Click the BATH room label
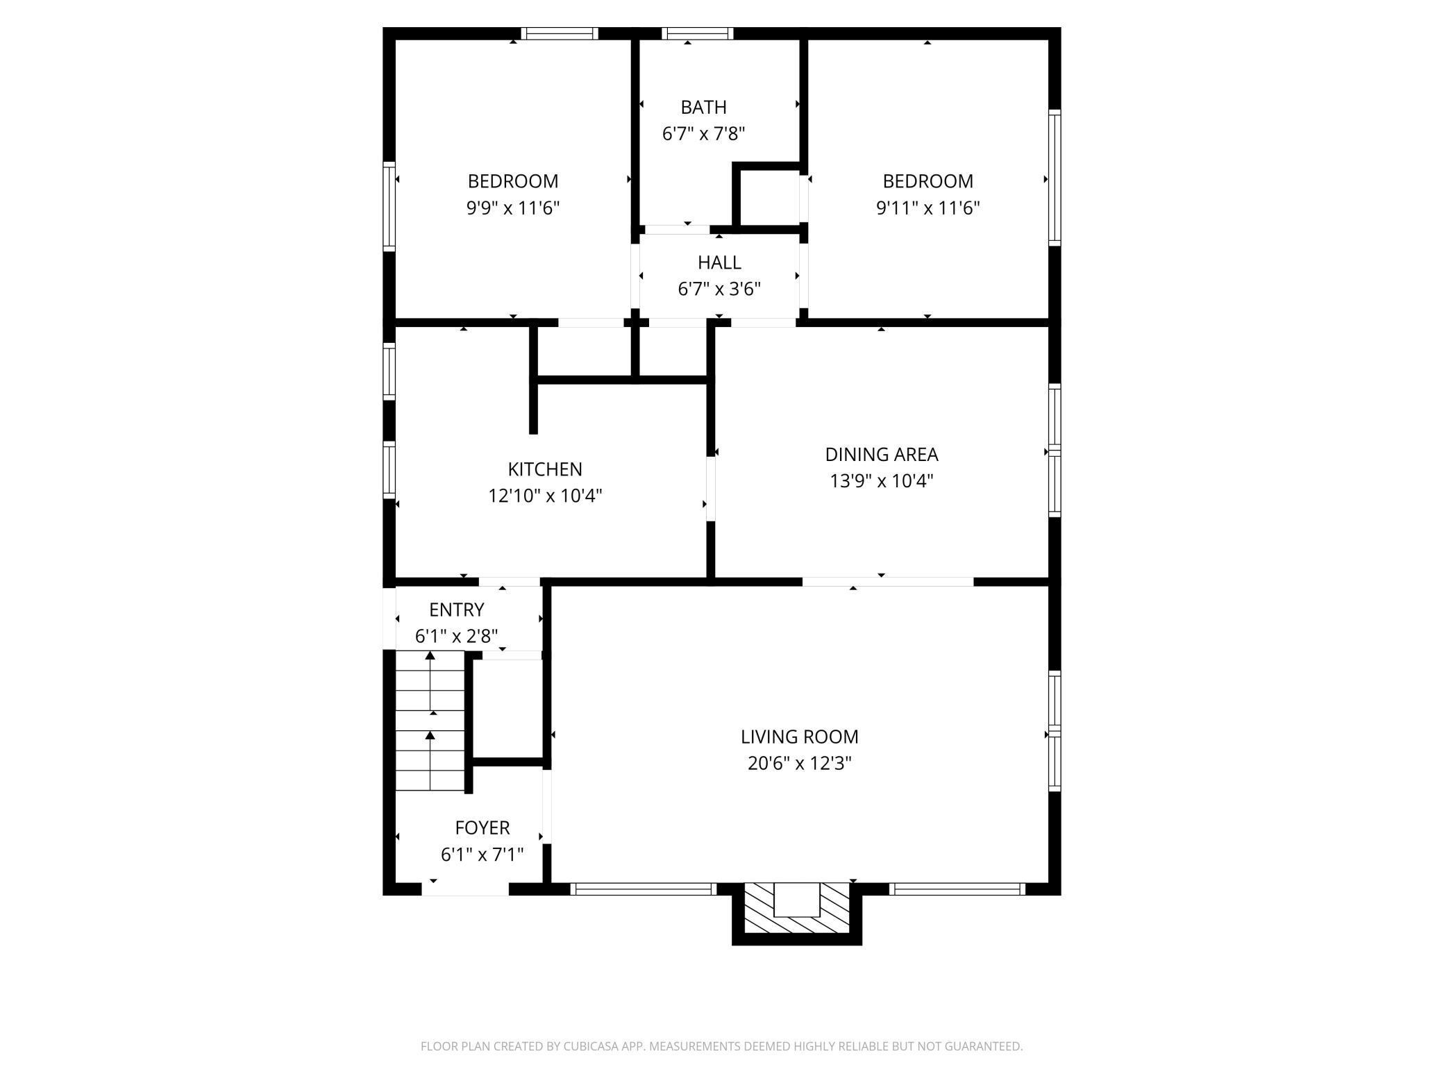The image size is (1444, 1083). (703, 107)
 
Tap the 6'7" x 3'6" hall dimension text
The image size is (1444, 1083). (719, 289)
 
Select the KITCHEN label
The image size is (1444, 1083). (545, 469)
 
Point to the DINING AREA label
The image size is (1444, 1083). (881, 454)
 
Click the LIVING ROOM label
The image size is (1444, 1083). (799, 737)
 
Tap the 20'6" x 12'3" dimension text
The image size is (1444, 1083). (799, 764)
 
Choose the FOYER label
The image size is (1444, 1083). (482, 828)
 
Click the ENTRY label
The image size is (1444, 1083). (456, 610)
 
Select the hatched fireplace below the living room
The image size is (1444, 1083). (796, 909)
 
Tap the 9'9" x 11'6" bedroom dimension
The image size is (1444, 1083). (512, 208)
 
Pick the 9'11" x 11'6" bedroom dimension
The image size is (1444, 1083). (927, 208)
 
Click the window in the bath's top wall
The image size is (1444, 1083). (697, 33)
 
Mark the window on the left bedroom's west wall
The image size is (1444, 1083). (389, 206)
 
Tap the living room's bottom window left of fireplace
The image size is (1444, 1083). (644, 889)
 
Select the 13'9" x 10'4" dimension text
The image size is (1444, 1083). (881, 481)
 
